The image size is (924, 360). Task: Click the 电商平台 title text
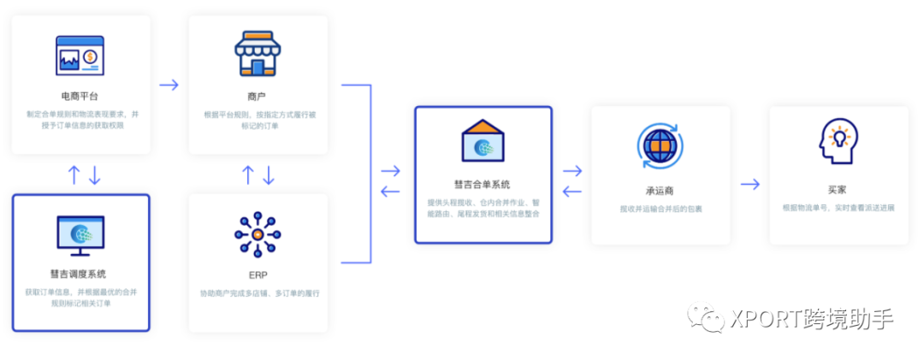click(x=80, y=96)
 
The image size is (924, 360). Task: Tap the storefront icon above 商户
click(x=258, y=55)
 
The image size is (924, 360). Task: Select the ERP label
click(x=258, y=275)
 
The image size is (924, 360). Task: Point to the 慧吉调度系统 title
click(x=80, y=274)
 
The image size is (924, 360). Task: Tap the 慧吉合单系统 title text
click(x=483, y=184)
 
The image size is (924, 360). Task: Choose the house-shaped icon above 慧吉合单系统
click(x=483, y=140)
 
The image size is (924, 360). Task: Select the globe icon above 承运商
click(x=660, y=145)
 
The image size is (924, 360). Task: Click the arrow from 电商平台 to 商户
click(x=169, y=85)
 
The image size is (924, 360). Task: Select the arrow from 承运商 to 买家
click(x=750, y=184)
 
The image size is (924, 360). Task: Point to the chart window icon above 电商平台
click(x=80, y=56)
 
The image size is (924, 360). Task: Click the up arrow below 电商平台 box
click(x=74, y=175)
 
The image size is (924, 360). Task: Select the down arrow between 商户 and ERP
click(x=269, y=175)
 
